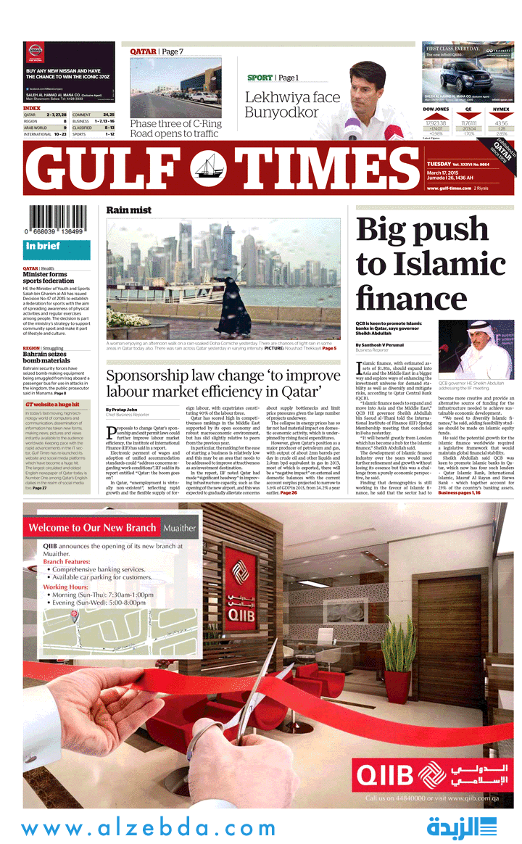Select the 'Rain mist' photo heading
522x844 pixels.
[x=129, y=210]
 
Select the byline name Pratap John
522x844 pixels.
[x=120, y=410]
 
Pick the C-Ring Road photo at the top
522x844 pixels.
[x=175, y=87]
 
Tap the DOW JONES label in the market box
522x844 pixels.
[x=436, y=109]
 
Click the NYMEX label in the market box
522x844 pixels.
[x=501, y=109]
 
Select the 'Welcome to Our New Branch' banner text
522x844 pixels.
[x=91, y=527]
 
